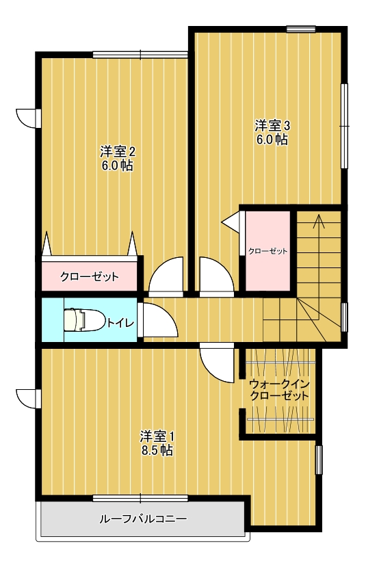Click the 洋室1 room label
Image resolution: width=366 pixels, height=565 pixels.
pos(157,436)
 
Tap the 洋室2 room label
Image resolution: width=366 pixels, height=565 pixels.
pos(118,152)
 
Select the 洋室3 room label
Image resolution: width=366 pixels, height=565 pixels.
pos(272,126)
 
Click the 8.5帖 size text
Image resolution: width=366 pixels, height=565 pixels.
pos(157,450)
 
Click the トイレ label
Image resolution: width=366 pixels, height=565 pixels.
pos(120,322)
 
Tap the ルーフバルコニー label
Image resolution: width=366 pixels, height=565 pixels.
pos(143,519)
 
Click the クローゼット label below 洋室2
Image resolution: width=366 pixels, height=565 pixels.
pos(90,277)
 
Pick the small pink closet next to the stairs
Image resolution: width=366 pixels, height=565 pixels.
pos(267,251)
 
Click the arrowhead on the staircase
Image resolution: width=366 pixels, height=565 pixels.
pos(319,221)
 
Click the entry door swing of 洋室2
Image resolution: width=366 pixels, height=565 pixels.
pos(166,276)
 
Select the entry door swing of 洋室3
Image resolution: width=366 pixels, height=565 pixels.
pos(217,276)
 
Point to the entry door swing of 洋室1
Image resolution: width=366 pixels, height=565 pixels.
pos(217,363)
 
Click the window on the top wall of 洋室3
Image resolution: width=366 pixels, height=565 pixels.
pos(301,29)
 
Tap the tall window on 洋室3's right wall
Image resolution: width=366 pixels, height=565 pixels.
pos(344,126)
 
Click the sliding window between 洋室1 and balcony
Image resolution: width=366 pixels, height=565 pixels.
pos(140,499)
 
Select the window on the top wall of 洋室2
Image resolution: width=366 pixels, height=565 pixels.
pos(140,55)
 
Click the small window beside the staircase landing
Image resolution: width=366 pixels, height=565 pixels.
pos(344,317)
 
